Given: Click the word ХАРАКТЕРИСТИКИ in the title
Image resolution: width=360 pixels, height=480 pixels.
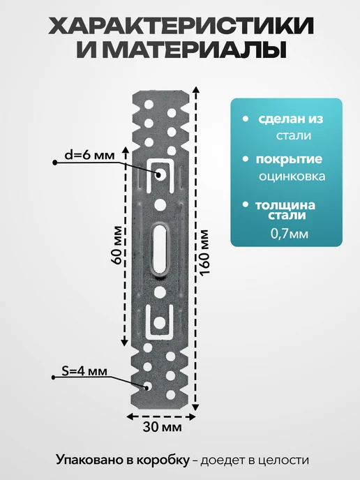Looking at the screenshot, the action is click(x=181, y=25).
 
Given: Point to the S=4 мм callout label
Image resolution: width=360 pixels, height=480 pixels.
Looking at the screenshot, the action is click(x=84, y=371).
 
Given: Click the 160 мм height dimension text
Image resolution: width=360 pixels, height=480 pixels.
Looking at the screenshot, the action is click(x=204, y=253).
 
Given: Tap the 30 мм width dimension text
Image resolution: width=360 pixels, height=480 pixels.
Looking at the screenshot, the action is click(x=162, y=427).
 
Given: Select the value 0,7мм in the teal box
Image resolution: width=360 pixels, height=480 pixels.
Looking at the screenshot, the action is click(x=290, y=234).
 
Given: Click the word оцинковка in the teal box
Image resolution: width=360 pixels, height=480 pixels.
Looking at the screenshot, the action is click(x=292, y=177).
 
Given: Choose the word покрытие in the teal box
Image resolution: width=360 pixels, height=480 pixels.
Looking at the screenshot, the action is click(x=290, y=160).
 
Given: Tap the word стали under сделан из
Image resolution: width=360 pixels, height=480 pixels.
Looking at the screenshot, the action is click(x=294, y=135).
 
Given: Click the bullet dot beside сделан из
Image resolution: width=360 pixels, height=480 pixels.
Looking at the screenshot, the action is click(x=245, y=119).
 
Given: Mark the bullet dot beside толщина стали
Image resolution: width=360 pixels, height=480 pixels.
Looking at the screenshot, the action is click(x=245, y=204).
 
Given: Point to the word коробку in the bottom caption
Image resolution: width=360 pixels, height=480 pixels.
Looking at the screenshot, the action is click(x=163, y=460).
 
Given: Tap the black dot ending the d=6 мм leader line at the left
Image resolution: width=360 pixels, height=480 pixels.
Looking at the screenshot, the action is click(x=55, y=163).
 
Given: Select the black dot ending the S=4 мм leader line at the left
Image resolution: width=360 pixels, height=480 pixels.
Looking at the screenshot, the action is click(x=53, y=377).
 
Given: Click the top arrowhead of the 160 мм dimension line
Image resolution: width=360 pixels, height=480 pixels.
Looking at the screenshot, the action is click(x=196, y=90).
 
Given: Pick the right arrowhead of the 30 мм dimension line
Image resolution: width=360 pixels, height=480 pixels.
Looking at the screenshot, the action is click(x=193, y=417).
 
